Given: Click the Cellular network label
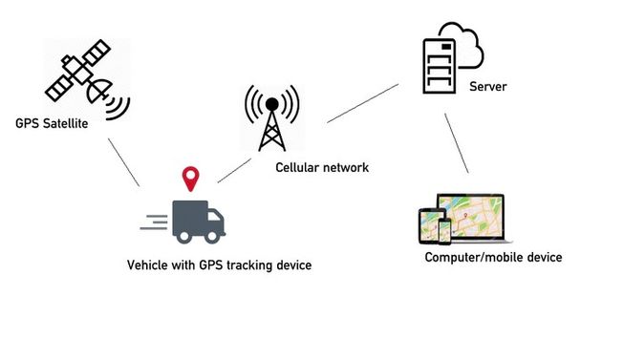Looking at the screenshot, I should tap(321, 168).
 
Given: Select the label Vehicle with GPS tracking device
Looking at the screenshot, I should tap(219, 265).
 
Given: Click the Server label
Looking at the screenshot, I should tap(487, 87).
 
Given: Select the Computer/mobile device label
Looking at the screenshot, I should tap(493, 258).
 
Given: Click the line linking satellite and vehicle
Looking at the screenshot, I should tap(124, 162).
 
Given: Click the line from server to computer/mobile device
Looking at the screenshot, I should tap(457, 144).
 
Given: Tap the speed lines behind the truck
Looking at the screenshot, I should tap(153, 222).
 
